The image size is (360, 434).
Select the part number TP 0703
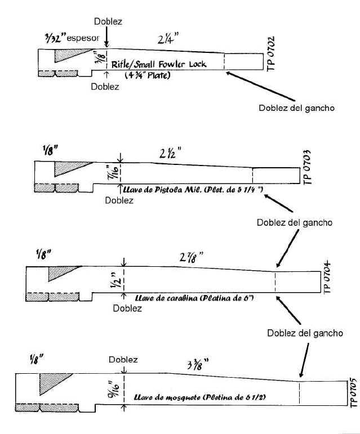[306, 166]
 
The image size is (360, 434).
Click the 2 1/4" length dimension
[165, 40]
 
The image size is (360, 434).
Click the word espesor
[85, 39]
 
